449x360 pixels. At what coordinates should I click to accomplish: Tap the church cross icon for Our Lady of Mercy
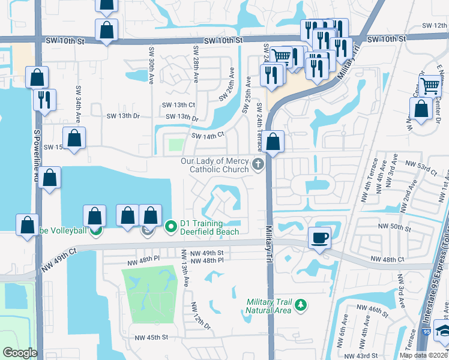pyautogui.click(x=258, y=164)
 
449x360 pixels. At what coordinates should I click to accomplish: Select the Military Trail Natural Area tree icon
pyautogui.click(x=301, y=306)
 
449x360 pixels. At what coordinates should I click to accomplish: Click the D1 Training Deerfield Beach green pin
pyautogui.click(x=170, y=226)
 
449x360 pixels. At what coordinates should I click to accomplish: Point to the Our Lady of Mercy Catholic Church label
pyautogui.click(x=215, y=165)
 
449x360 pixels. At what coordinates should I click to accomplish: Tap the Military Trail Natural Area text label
pyautogui.click(x=268, y=306)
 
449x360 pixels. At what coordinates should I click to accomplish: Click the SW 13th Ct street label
pyautogui.click(x=178, y=104)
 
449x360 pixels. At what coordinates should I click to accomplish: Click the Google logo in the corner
pyautogui.click(x=19, y=353)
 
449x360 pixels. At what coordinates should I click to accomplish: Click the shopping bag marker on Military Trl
pyautogui.click(x=273, y=142)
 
